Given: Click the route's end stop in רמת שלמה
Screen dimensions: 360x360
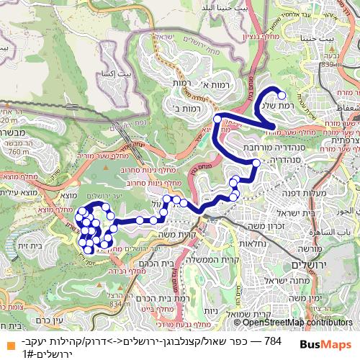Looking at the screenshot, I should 282,95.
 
